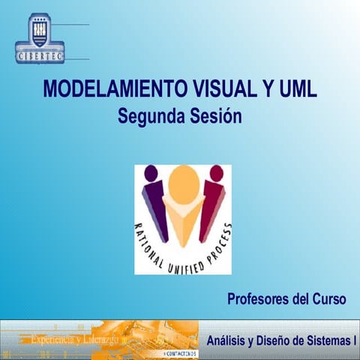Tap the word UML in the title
[296, 89]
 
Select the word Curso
[328, 299]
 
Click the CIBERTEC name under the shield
[40, 55]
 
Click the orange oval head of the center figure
[183, 184]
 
